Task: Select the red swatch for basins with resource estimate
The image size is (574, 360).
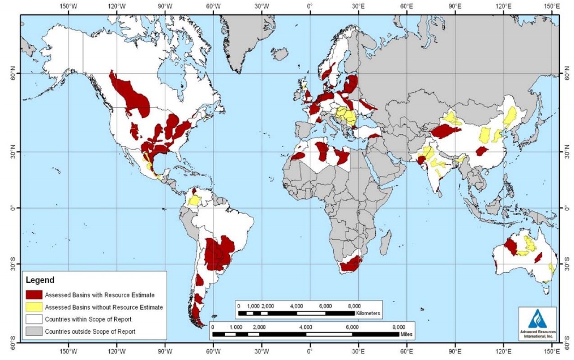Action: (x=33, y=294)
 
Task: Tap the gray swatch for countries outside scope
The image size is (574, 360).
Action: (x=33, y=331)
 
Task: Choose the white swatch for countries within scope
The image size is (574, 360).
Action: (x=33, y=319)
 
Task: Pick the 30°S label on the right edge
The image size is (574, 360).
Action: (x=568, y=264)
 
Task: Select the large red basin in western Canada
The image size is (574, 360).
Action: (x=131, y=96)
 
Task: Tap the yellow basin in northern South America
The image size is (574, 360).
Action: (x=194, y=199)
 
